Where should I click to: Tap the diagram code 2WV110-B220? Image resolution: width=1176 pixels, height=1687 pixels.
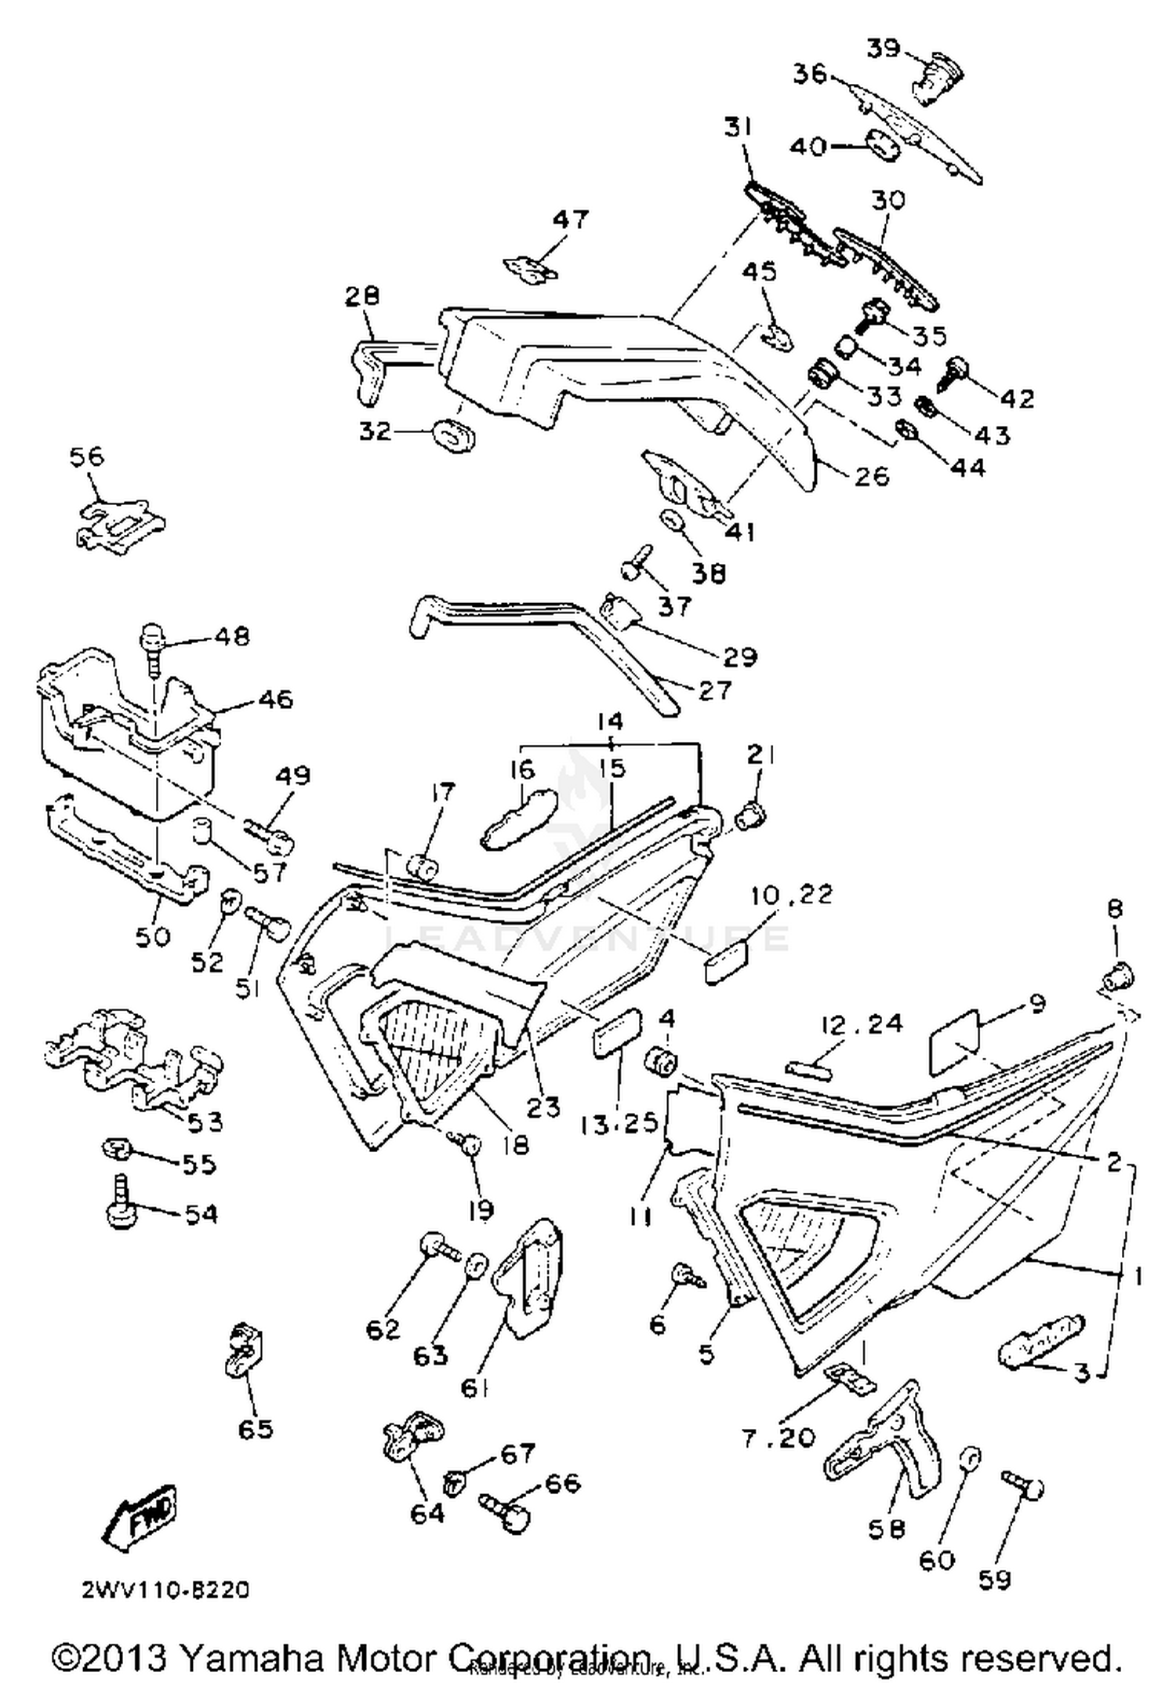pos(165,1590)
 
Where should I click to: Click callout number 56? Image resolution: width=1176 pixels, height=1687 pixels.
pos(86,456)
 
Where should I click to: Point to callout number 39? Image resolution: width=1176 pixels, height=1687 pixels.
pos(883,48)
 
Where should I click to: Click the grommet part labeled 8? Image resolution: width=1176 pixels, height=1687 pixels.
pos(1117,978)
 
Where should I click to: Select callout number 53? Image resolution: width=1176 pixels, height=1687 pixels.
pos(205,1122)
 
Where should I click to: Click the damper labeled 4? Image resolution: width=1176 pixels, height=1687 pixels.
pos(662,1062)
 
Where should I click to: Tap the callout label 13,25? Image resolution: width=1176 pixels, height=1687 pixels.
pos(619,1122)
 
